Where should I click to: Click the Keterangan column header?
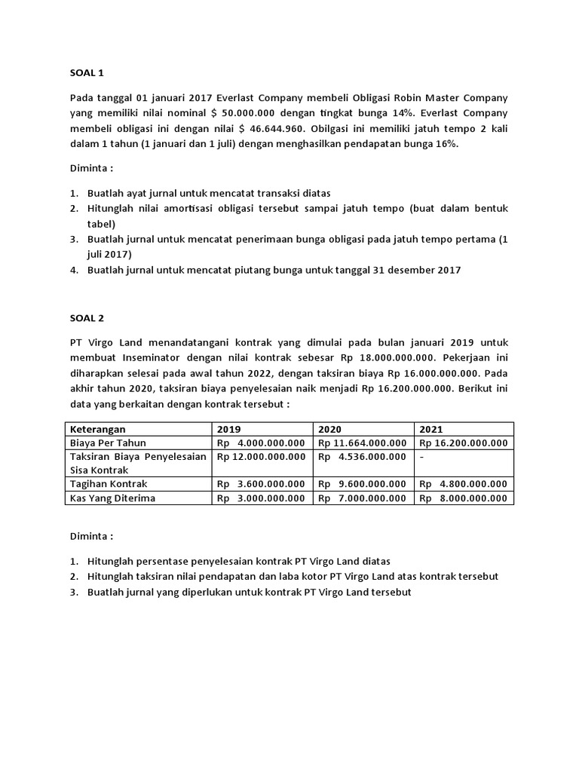click(99, 429)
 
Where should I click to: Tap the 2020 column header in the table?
click(330, 429)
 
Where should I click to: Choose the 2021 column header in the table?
click(432, 429)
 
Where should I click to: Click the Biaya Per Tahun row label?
click(108, 443)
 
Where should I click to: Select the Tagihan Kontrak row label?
click(109, 484)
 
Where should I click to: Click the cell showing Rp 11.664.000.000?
click(363, 443)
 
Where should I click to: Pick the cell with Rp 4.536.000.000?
click(363, 457)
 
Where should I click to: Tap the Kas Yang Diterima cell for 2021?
click(464, 498)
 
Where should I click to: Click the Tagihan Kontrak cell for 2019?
click(262, 484)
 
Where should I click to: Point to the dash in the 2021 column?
click(422, 457)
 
